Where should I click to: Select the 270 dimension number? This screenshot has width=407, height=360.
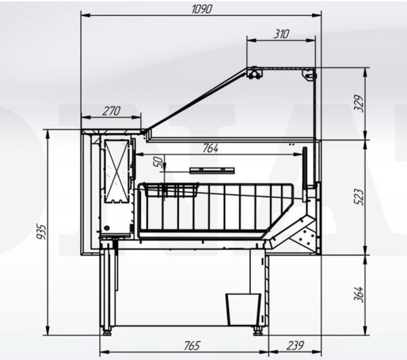coord(111,111)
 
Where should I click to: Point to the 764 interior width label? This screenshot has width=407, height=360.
coord(211,148)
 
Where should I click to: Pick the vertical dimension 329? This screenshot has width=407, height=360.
coord(359,102)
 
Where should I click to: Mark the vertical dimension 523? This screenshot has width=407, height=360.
coord(359,195)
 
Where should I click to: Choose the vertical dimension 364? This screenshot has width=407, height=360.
coord(359,294)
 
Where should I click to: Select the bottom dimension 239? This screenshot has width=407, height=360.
coord(294,346)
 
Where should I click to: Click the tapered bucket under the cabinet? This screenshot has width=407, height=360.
coord(243,308)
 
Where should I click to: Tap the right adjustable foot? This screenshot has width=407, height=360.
coord(259,331)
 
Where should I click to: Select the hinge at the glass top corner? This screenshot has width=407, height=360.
coord(254,73)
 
